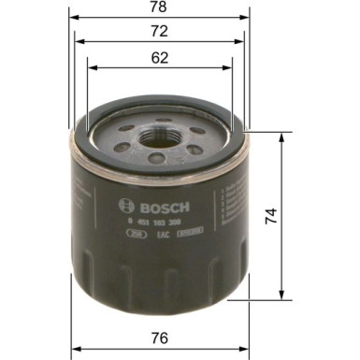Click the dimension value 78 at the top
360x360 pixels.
click(160, 7)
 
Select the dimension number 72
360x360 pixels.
click(160, 32)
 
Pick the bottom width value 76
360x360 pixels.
click(162, 337)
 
